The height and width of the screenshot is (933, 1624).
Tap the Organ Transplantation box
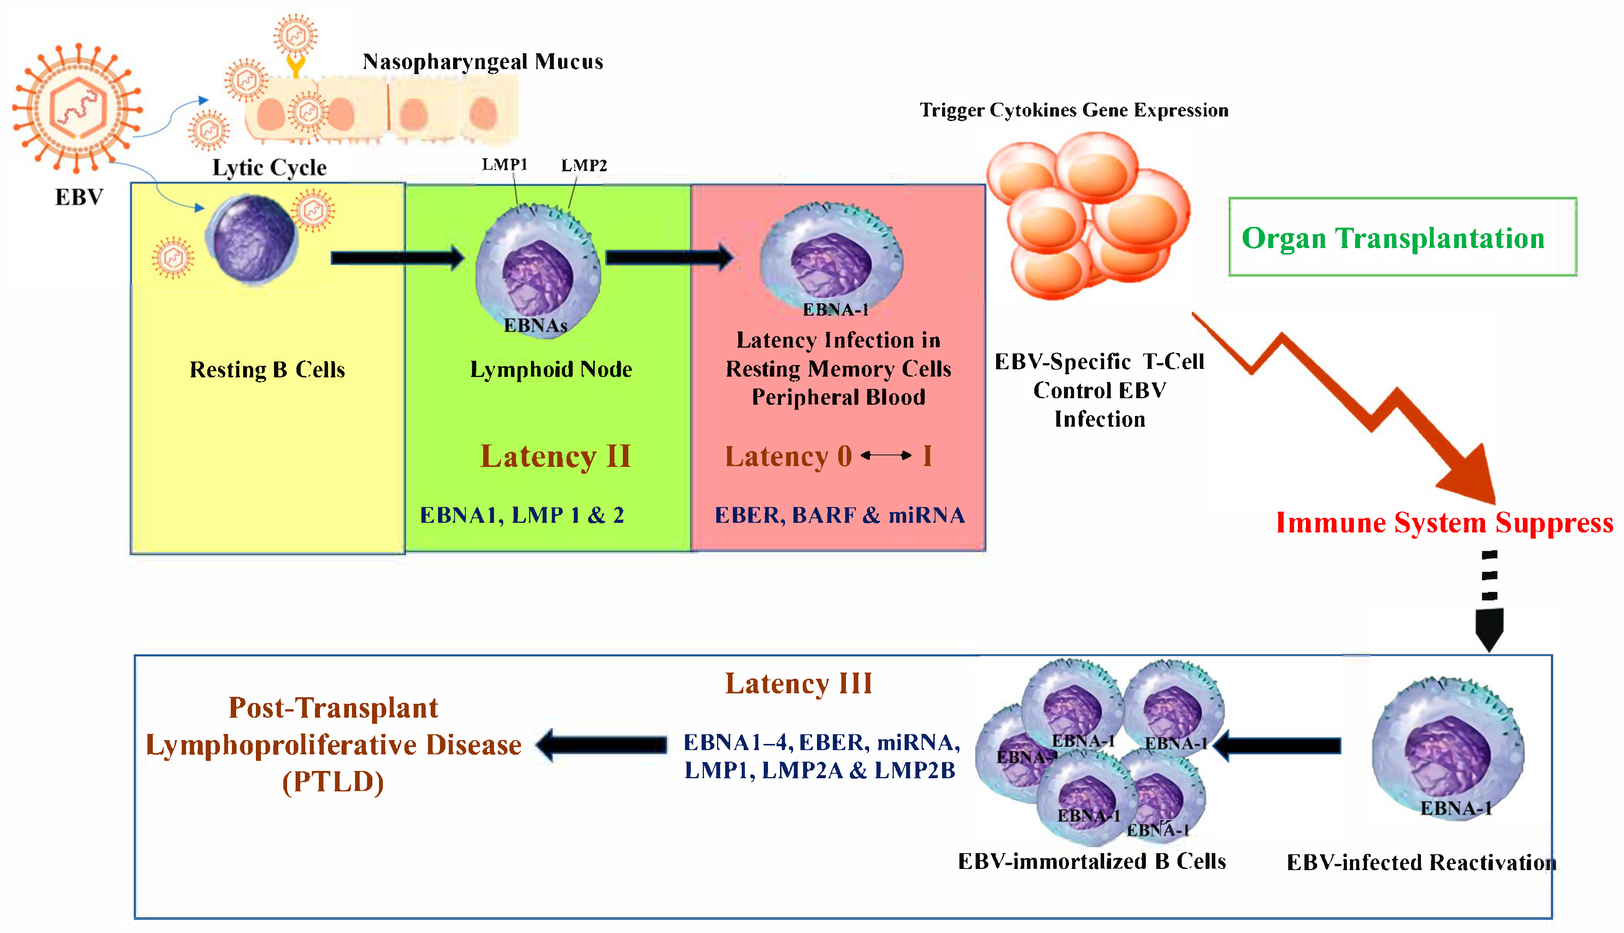click(x=1402, y=237)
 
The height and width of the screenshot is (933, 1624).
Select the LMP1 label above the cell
click(x=504, y=165)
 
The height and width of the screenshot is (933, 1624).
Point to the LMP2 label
click(x=584, y=165)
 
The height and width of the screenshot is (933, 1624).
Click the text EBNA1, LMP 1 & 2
click(x=522, y=515)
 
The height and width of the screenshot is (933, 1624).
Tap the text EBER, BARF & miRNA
click(x=839, y=515)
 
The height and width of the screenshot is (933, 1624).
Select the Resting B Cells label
click(x=267, y=370)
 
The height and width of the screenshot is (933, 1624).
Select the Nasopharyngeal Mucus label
click(x=482, y=61)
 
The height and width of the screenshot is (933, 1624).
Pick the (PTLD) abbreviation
click(x=333, y=782)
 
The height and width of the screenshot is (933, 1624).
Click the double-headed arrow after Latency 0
click(x=886, y=456)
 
